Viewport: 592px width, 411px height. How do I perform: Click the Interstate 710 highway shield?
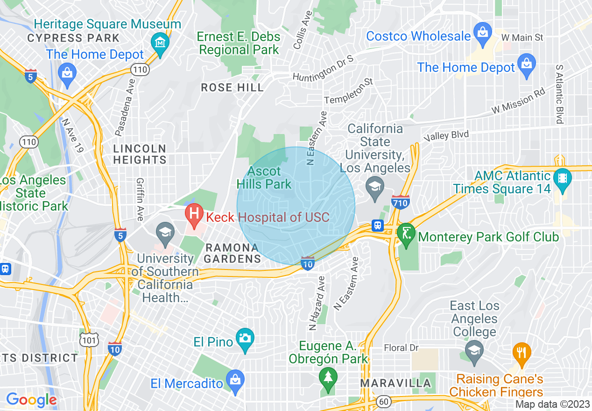point(401,201)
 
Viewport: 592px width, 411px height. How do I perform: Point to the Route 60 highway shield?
point(384,401)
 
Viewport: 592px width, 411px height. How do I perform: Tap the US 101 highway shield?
point(89,340)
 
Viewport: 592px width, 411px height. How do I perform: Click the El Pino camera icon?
point(245,337)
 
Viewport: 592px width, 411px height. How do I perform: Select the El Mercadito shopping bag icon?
point(235,380)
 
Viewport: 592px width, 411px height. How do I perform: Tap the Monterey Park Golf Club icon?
point(406,232)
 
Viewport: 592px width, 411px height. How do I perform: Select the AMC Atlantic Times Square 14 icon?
point(563,178)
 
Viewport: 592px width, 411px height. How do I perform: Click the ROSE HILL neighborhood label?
point(232,87)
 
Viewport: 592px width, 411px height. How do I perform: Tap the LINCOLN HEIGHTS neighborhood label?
point(140,154)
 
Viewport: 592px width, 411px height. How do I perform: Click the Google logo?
point(31,400)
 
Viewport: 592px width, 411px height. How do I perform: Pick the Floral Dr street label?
point(401,348)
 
